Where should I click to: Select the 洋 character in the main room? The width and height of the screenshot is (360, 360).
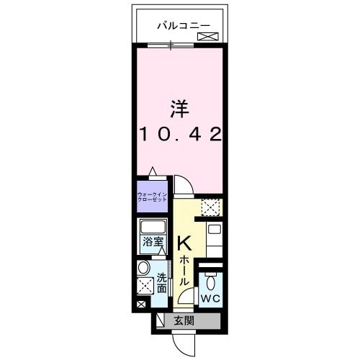point(179,109)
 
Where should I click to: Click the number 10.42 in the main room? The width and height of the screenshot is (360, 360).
point(179,134)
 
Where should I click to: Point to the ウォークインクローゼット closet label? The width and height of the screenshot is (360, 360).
point(153,196)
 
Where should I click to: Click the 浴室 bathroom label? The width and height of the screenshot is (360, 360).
point(151,243)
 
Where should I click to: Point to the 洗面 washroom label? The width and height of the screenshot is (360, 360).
point(162,283)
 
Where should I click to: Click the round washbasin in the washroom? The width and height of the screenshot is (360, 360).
point(143,269)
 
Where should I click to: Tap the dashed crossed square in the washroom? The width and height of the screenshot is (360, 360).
point(145,285)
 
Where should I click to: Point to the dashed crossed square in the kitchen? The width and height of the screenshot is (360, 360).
point(210,207)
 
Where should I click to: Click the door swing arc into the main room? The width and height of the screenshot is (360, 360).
point(183,186)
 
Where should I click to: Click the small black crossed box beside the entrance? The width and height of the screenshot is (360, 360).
point(139,306)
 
